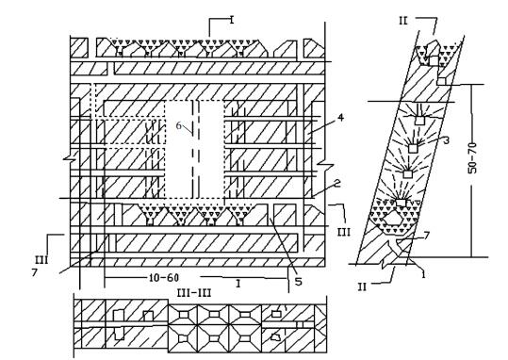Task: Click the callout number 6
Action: pos(179,125)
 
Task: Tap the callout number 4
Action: pos(340,117)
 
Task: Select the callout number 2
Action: pos(337,184)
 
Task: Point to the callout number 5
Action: pos(299,281)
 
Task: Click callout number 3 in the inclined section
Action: pos(446,140)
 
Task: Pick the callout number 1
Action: pos(423,274)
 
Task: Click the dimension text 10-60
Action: pos(164,278)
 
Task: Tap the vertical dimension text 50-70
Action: pos(473,157)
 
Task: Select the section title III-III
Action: pos(194,293)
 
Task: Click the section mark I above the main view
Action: pos(232,20)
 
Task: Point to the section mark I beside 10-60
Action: pos(238,284)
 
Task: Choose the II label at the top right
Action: pos(403,21)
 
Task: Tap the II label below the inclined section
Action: pos(362,286)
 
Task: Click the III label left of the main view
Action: pos(41,259)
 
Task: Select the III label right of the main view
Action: pos(343,232)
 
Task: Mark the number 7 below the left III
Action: pos(35,273)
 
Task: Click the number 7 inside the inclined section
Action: pos(427,236)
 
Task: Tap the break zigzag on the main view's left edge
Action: pos(71,159)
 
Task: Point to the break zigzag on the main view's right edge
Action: pos(325,165)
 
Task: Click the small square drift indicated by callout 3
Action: pos(413,148)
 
